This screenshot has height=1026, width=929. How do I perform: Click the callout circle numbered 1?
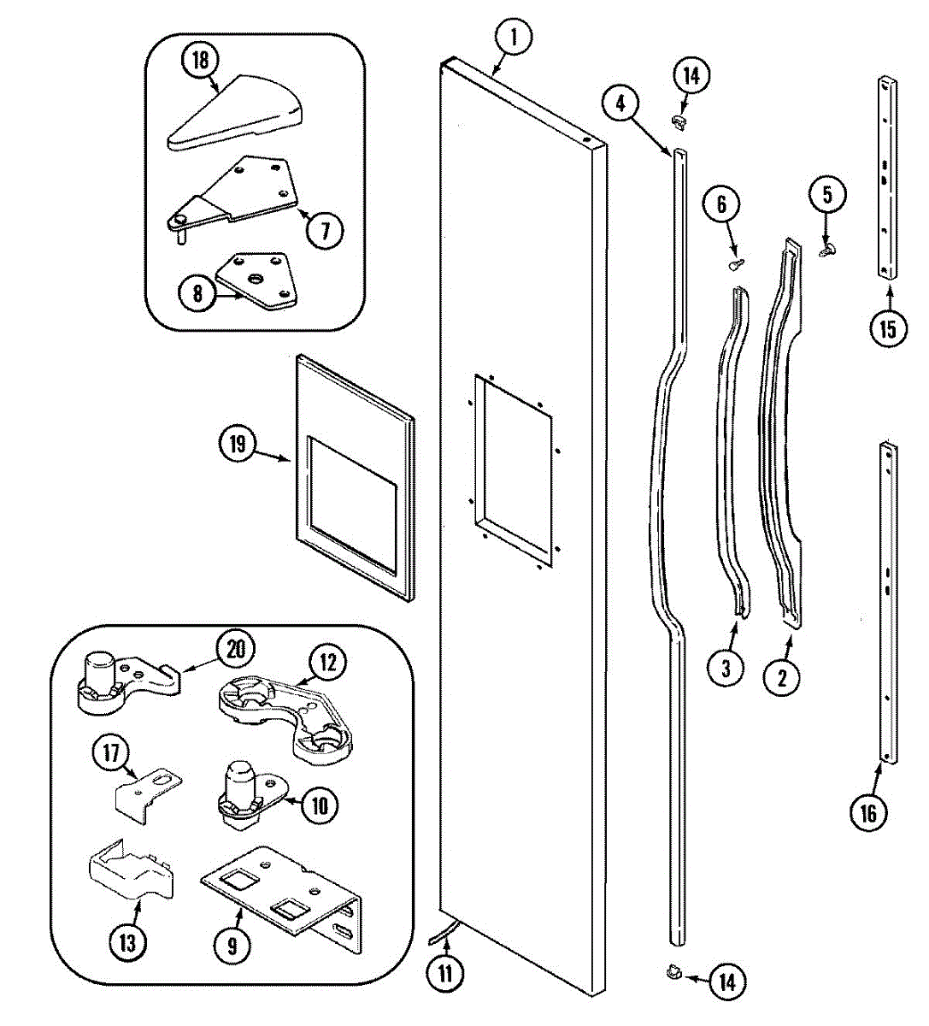pos(514,38)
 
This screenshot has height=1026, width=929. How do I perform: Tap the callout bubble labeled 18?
pos(200,61)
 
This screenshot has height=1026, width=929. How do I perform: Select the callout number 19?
pos(237,444)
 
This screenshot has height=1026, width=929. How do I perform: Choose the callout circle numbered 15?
pos(888,328)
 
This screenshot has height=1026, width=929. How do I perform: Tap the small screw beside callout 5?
pos(826,250)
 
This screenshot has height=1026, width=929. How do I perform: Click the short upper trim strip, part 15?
pos(886,178)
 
